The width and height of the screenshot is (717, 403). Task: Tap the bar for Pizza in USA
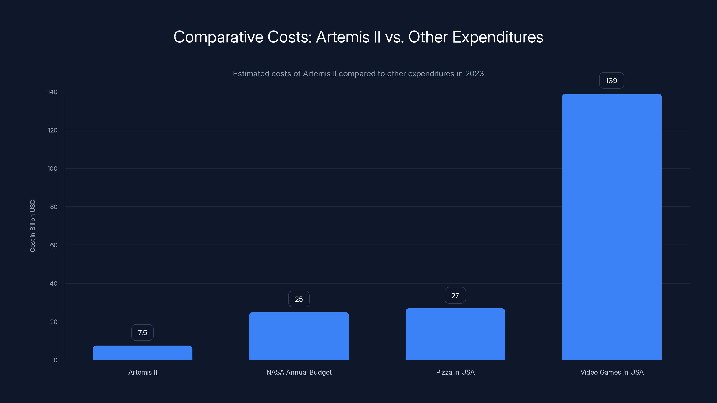pyautogui.click(x=455, y=334)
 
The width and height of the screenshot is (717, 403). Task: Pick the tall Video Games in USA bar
pyautogui.click(x=611, y=227)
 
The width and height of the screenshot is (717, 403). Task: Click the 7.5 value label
pyautogui.click(x=143, y=333)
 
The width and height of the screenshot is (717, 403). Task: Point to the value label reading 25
pyautogui.click(x=299, y=299)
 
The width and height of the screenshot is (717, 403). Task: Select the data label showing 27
pyautogui.click(x=455, y=295)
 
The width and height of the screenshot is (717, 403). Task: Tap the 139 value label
pyautogui.click(x=611, y=81)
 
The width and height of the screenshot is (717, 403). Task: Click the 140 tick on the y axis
pyautogui.click(x=52, y=92)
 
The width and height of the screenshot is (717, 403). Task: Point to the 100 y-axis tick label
pyautogui.click(x=52, y=169)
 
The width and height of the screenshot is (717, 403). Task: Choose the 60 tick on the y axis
pyautogui.click(x=54, y=245)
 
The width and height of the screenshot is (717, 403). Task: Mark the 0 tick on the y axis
pyautogui.click(x=55, y=360)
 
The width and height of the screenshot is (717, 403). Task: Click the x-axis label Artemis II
pyautogui.click(x=143, y=372)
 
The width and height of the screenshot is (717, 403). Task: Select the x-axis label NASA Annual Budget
pyautogui.click(x=299, y=372)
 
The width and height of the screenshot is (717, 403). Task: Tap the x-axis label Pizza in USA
pyautogui.click(x=455, y=372)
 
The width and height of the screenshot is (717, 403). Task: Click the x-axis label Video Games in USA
pyautogui.click(x=612, y=372)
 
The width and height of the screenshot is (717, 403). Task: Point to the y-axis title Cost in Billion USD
pyautogui.click(x=32, y=226)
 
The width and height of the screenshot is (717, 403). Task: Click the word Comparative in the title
pyautogui.click(x=218, y=37)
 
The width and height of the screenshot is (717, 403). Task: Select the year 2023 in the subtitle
pyautogui.click(x=474, y=74)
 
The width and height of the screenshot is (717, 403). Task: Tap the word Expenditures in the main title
pyautogui.click(x=497, y=37)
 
